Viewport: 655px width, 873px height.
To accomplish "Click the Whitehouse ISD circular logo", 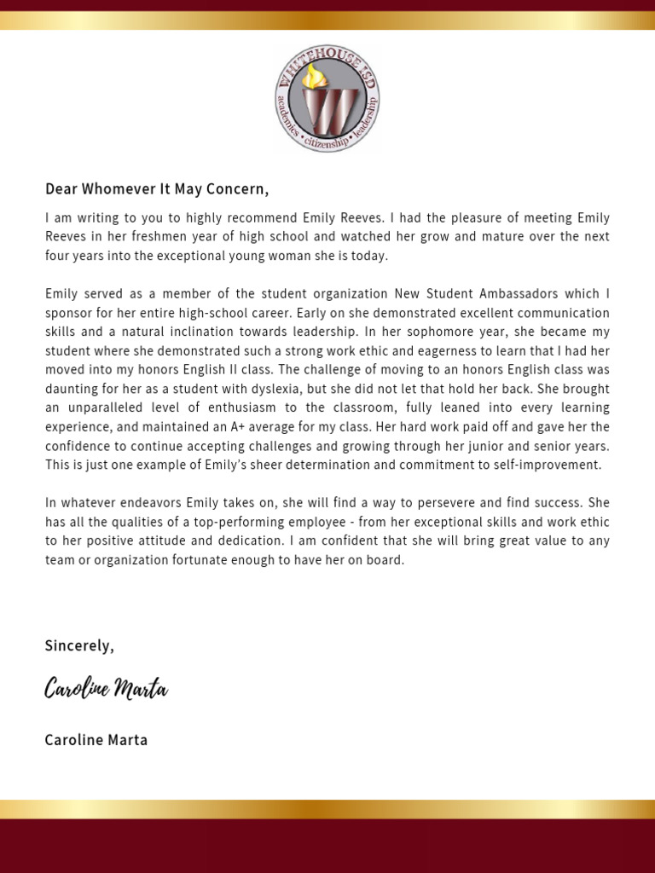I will [x=327, y=99].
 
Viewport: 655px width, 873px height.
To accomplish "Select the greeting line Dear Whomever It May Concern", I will [x=157, y=188].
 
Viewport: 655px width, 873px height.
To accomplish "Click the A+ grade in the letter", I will [x=240, y=426].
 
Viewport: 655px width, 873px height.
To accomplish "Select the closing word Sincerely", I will [x=79, y=646].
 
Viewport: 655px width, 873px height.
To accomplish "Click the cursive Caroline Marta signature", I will [x=107, y=689].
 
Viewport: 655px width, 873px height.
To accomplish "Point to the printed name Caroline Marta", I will [x=96, y=740].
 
